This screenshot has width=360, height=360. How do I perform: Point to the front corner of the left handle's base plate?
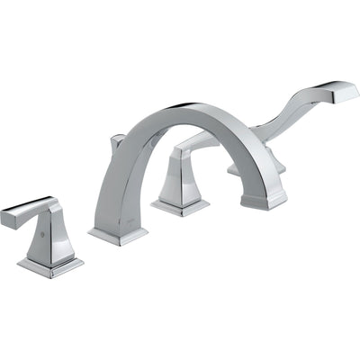(45, 275)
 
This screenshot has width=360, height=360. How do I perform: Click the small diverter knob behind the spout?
(116, 144)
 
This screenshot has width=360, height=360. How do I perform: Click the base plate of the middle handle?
(180, 207)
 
